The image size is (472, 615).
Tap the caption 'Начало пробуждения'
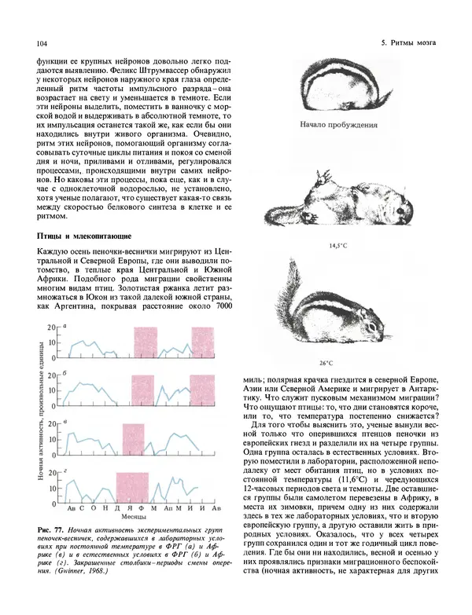[338, 124]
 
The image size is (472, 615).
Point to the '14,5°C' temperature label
[338, 246]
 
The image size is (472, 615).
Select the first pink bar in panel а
[146, 343]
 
